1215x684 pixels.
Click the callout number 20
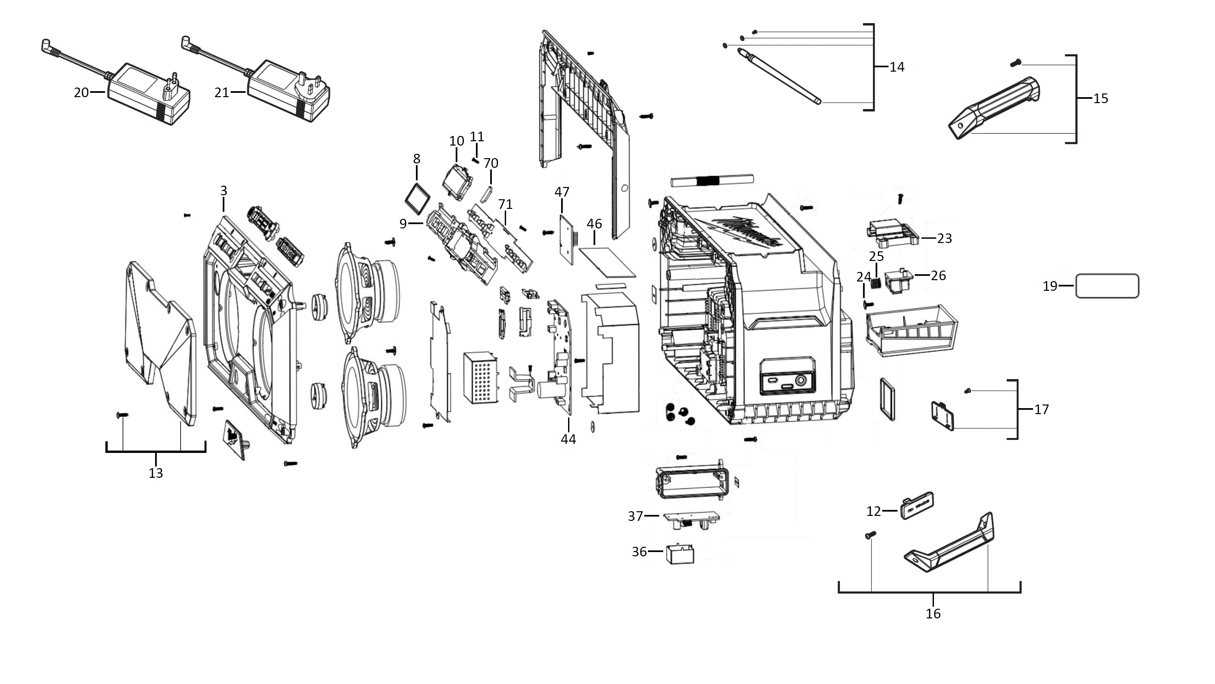click(x=81, y=93)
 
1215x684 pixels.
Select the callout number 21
click(x=222, y=93)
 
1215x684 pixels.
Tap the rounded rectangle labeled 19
click(x=1107, y=286)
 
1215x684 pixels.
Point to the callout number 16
click(x=933, y=614)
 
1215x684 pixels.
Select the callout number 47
click(x=562, y=192)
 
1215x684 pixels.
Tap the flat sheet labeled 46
click(x=607, y=262)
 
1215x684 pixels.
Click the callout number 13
click(x=156, y=473)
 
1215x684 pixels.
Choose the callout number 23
click(x=944, y=238)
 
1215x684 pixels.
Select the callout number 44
click(x=568, y=439)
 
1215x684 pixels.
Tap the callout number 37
click(x=635, y=516)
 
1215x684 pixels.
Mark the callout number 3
click(x=224, y=191)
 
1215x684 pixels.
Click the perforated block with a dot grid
click(x=481, y=377)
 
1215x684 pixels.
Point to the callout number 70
click(x=491, y=163)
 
